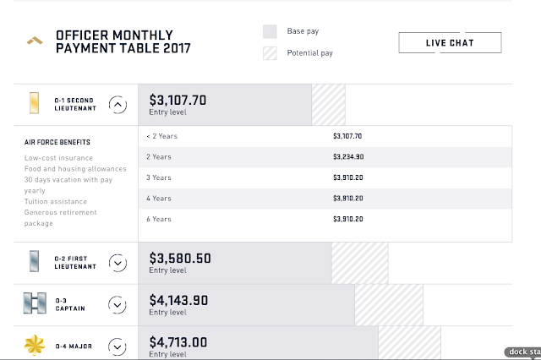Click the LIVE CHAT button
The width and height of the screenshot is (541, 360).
(x=450, y=42)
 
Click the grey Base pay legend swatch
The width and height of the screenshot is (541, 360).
(x=270, y=32)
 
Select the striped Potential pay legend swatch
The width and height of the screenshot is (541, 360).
(x=270, y=52)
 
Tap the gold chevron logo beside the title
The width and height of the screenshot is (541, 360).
(x=33, y=41)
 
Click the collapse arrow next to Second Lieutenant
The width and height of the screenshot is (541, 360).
(x=118, y=105)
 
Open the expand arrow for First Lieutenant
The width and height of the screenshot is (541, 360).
(x=118, y=262)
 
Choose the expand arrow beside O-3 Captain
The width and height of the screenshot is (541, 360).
(x=118, y=305)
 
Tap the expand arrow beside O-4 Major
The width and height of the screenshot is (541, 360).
(x=118, y=346)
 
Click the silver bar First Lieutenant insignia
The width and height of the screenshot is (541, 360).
(x=33, y=262)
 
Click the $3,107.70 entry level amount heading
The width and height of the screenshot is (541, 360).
(x=178, y=100)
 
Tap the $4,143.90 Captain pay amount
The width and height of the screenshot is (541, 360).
(x=178, y=300)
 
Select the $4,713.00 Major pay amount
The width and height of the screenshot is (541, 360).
(x=178, y=341)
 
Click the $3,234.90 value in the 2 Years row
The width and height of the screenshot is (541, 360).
(x=347, y=156)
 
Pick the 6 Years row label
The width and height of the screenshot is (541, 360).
(x=158, y=219)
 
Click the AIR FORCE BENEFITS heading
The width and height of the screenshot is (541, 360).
(x=57, y=143)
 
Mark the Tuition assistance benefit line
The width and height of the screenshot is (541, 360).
(x=56, y=201)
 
